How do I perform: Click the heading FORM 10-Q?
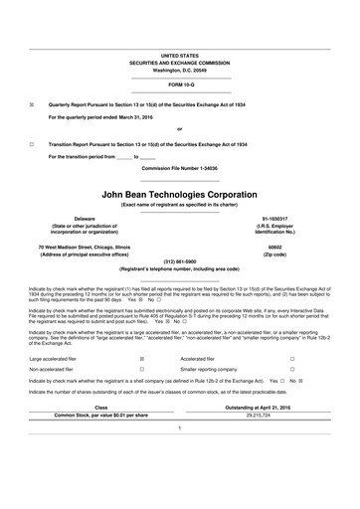180,86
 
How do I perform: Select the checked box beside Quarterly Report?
32,103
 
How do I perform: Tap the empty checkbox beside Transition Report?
32,143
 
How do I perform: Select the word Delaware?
72,218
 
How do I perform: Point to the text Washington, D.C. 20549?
180,71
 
